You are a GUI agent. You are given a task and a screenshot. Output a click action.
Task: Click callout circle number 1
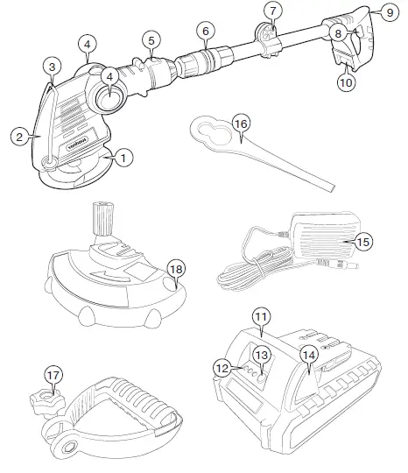(123, 158)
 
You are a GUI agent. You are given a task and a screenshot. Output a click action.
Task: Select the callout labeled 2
(18, 137)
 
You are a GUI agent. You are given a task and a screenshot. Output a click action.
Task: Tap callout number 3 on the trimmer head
(53, 67)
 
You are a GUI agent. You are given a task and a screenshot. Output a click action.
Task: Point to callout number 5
(151, 40)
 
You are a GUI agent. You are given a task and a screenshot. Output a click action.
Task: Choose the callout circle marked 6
(205, 30)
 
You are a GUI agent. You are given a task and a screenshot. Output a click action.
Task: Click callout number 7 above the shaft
(274, 11)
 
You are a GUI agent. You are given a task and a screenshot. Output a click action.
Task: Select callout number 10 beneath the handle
(347, 82)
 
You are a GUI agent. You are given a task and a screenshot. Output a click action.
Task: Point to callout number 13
(261, 355)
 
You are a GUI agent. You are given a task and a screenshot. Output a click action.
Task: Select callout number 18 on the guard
(176, 269)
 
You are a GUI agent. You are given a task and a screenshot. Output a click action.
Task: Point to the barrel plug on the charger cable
(355, 262)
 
